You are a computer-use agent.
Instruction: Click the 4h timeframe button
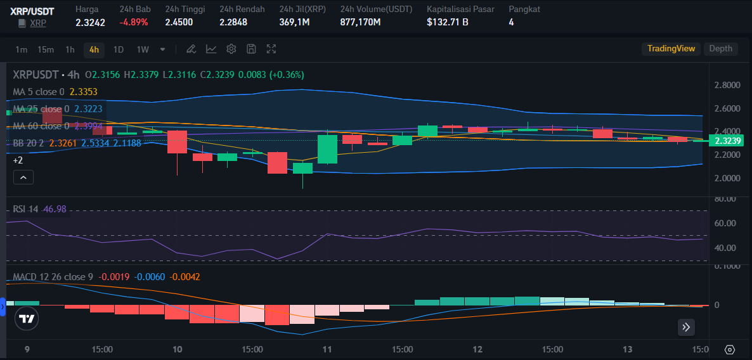tap(94, 49)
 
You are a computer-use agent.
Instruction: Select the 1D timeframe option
tap(118, 49)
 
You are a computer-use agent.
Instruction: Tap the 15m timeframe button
tap(45, 49)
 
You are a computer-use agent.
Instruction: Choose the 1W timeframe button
tap(143, 49)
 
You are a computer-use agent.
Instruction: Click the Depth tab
tap(720, 49)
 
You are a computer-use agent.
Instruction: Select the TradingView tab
tap(671, 49)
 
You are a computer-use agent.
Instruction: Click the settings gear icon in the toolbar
tap(231, 49)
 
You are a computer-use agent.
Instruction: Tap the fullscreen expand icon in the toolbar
tap(271, 49)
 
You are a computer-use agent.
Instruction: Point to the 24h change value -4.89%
tap(133, 22)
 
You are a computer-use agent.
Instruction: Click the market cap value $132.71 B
tap(448, 22)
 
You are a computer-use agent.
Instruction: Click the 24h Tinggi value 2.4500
tap(179, 22)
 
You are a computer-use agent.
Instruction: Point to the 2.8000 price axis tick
tap(727, 86)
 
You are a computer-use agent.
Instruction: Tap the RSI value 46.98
tap(55, 209)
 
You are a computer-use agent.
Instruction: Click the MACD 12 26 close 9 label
tap(53, 277)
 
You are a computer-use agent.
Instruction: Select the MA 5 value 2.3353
tap(84, 92)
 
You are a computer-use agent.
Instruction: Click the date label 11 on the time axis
tap(327, 349)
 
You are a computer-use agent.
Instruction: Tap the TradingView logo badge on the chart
tap(27, 319)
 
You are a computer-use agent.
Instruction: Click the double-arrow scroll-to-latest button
tap(687, 327)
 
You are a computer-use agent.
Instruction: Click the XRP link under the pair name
tap(38, 23)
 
